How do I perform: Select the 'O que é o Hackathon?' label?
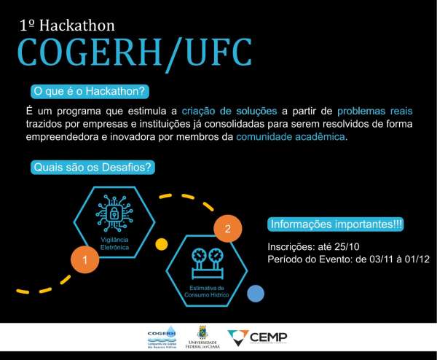click(x=90, y=92)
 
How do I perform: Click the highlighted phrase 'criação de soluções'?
click(x=229, y=111)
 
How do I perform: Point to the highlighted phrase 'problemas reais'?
click(x=374, y=111)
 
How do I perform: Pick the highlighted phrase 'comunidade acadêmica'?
click(x=291, y=137)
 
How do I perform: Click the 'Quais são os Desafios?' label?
click(x=92, y=168)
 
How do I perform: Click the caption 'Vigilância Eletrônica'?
click(x=114, y=244)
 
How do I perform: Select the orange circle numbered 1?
click(x=84, y=259)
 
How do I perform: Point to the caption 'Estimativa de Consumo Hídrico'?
click(x=207, y=292)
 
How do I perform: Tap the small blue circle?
click(x=255, y=294)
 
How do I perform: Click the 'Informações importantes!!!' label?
click(x=336, y=224)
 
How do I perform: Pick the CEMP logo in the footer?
click(x=257, y=337)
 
